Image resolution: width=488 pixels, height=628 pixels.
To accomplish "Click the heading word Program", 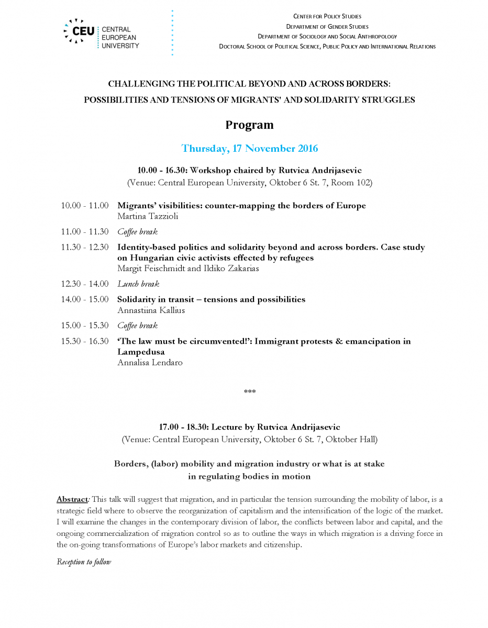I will (249, 125).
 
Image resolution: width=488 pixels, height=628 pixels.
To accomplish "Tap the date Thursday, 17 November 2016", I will (249, 148).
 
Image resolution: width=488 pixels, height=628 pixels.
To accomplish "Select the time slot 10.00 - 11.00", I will (85, 206).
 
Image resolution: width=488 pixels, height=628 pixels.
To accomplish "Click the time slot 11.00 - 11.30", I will (85, 231).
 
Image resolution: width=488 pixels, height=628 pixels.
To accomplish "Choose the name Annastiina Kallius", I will (151, 310).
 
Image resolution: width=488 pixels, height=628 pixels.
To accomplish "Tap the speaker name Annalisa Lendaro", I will (150, 362).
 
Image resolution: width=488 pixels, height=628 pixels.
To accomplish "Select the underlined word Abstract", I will (72, 499).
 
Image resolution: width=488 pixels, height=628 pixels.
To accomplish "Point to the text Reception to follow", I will (84, 562).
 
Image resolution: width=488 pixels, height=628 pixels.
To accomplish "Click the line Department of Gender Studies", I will (327, 27).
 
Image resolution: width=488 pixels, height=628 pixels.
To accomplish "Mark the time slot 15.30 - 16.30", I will (85, 341).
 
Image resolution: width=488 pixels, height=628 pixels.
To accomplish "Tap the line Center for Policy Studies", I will (327, 17).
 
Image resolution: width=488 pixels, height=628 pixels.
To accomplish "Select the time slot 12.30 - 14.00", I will (85, 284).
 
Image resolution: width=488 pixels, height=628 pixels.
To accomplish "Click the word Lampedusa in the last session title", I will (141, 352).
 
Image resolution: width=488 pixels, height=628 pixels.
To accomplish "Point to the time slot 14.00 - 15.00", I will (85, 299).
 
